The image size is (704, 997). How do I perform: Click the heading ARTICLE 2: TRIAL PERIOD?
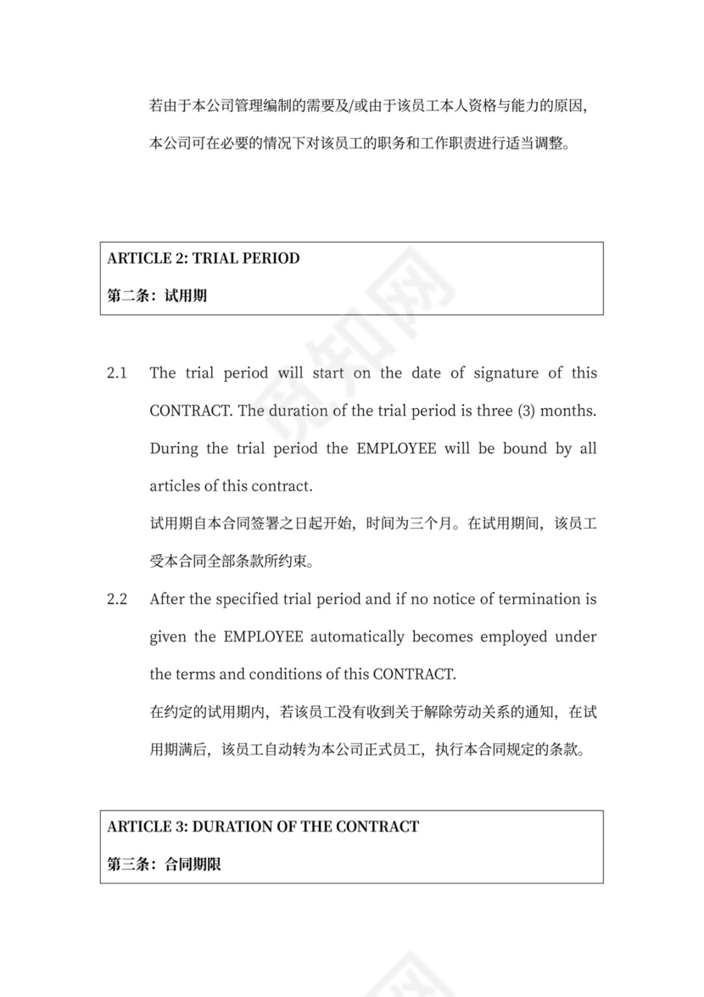[x=204, y=258]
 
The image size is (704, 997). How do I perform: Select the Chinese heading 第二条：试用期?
[x=158, y=296]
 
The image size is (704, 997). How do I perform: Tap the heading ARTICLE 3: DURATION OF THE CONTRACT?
[x=263, y=826]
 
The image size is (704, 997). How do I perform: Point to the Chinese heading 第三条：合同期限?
[x=165, y=865]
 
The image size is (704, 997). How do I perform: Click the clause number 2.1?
[x=117, y=372]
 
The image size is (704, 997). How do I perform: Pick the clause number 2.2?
[x=117, y=599]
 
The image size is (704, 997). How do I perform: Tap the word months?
[x=568, y=411]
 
